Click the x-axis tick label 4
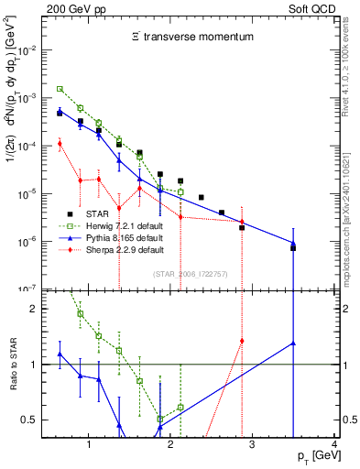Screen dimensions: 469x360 (x=334, y=445)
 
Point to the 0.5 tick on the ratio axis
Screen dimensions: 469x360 (x=36, y=420)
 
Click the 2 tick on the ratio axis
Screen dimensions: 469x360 (x=38, y=309)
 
